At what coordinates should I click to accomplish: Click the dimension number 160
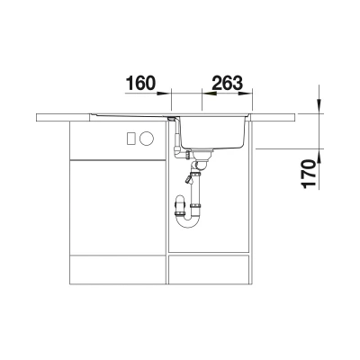click(x=140, y=83)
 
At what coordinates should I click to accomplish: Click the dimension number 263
click(x=227, y=83)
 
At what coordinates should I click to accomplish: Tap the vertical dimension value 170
click(x=310, y=174)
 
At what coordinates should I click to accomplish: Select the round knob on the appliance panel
click(x=147, y=139)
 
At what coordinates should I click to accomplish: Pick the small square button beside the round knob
click(x=131, y=139)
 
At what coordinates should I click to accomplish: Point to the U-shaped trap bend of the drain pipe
click(x=189, y=221)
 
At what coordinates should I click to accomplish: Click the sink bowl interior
click(x=214, y=132)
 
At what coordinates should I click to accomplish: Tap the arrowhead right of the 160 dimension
click(x=164, y=94)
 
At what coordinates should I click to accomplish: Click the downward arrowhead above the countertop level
click(x=319, y=106)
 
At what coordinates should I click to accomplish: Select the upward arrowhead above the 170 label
click(x=319, y=156)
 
